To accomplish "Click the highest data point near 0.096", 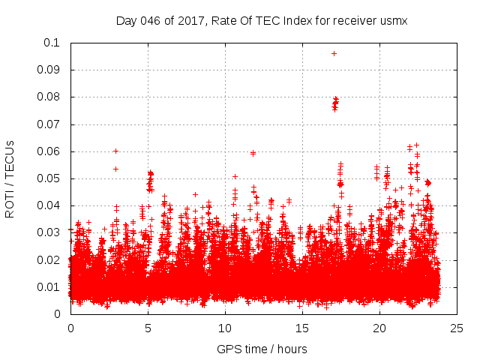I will pyautogui.click(x=334, y=53).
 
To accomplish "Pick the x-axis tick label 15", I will pyautogui.click(x=301, y=328).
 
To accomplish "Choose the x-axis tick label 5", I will pyautogui.click(x=148, y=328).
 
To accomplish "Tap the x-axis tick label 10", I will pyautogui.click(x=224, y=328).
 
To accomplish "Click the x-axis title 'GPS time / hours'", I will pyautogui.click(x=262, y=349).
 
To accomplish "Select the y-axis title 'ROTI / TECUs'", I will pyautogui.click(x=10, y=178).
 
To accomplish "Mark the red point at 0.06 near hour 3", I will pyautogui.click(x=115, y=151).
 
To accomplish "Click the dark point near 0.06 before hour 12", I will pyautogui.click(x=253, y=153).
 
